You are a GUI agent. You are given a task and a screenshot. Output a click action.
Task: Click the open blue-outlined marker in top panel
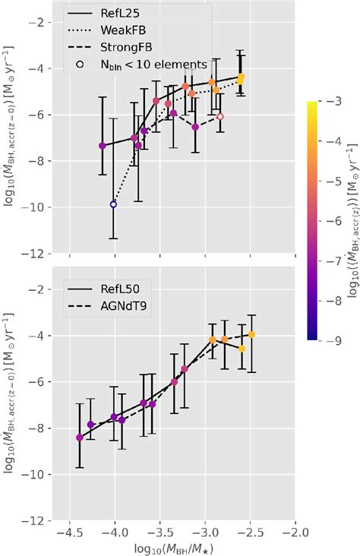tap(113, 204)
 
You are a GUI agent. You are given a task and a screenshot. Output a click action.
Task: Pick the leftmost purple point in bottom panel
tap(80, 438)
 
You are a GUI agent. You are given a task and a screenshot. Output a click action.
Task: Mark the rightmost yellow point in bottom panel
tap(251, 334)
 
